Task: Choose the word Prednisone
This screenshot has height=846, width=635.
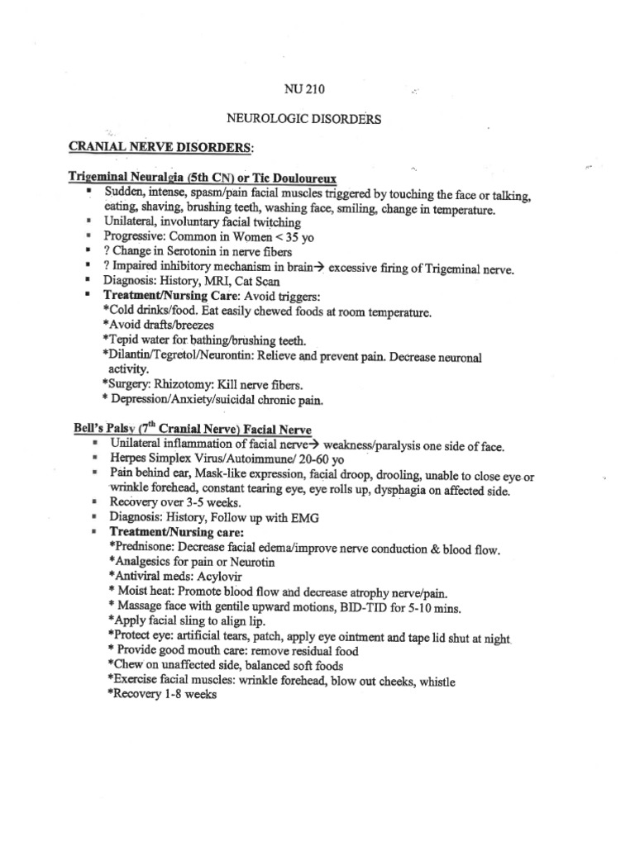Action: point(142,549)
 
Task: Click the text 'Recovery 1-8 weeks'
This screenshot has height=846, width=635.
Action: point(162,696)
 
